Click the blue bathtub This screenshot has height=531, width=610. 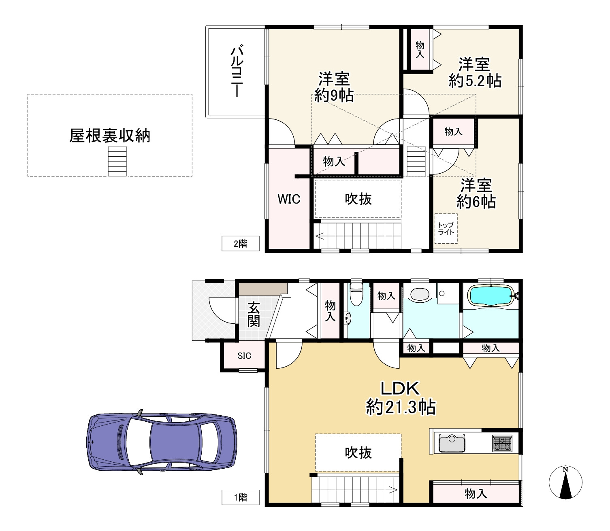click(491, 295)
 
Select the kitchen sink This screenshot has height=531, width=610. click(452, 443)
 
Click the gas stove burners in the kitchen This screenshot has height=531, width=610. click(502, 443)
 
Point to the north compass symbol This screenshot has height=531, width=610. click(565, 482)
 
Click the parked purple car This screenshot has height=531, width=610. click(162, 442)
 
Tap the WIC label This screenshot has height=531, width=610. click(289, 199)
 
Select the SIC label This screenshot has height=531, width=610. click(244, 355)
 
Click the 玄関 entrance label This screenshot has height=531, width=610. click(254, 314)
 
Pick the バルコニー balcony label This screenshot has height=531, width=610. click(237, 71)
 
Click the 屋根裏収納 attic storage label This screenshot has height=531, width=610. click(110, 136)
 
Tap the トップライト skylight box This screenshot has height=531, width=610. click(446, 228)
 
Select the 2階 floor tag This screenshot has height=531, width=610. click(240, 244)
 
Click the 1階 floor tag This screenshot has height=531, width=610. click(240, 497)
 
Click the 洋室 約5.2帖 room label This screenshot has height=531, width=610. click(475, 72)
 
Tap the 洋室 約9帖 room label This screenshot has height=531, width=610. click(334, 87)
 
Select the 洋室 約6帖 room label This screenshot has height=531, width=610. click(476, 193)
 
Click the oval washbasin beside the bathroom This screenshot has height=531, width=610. click(420, 294)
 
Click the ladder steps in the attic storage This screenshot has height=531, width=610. click(117, 161)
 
